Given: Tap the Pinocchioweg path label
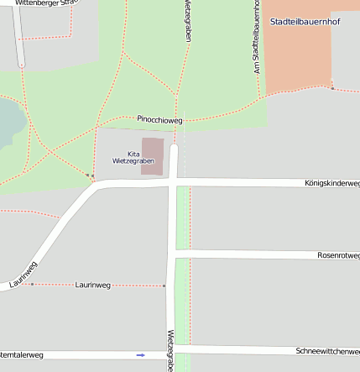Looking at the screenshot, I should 159,120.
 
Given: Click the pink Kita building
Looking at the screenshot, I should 152,156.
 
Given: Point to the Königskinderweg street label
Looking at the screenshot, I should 331,183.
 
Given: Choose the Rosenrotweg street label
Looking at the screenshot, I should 338,255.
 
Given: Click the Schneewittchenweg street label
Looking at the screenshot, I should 327,350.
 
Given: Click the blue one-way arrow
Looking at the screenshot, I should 140,355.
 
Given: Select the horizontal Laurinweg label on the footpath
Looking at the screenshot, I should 93,286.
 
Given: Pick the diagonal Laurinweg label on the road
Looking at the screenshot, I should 24,275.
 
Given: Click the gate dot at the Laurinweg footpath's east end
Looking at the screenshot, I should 164,286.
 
